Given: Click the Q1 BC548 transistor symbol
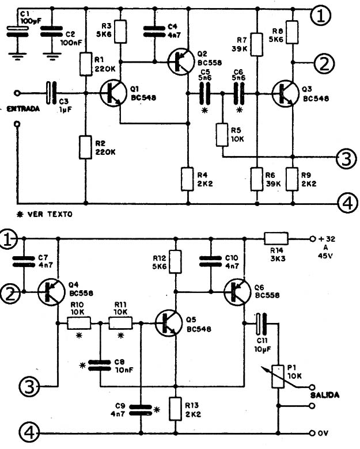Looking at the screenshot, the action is [113, 93].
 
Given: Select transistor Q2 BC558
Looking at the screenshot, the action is [181, 62].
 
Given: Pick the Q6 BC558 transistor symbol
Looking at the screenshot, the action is [237, 292].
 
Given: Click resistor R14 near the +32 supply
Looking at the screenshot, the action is [276, 238].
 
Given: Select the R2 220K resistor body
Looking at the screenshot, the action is [85, 147].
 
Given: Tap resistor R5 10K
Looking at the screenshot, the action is [222, 135].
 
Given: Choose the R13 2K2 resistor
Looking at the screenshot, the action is [176, 409].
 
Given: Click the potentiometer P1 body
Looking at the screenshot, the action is [278, 376].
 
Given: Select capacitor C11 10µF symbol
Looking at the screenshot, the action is [261, 324].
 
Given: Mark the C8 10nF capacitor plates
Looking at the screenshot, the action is [100, 366].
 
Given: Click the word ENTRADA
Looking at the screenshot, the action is [23, 109].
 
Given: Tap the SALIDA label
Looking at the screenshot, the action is [325, 395].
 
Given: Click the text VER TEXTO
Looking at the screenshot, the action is [50, 214].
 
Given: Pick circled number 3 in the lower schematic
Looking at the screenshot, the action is [29, 386].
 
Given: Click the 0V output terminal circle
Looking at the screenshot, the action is [312, 433].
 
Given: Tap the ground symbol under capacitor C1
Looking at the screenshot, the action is [18, 56].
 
